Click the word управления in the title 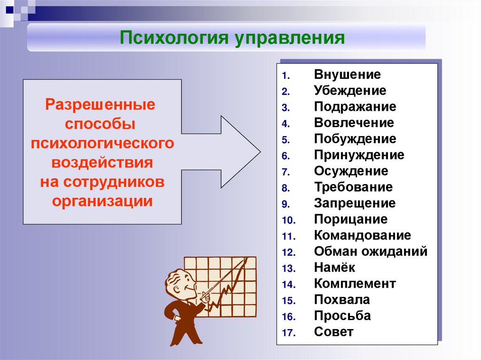click(290, 38)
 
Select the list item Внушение click(347, 75)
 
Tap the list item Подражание click(355, 107)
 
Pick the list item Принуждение click(359, 155)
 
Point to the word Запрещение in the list click(355, 203)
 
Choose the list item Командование click(362, 235)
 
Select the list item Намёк click(334, 267)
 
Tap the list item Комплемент click(355, 283)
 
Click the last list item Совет click(334, 332)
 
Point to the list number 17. click(289, 333)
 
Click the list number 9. click(286, 204)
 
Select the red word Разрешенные click(101, 105)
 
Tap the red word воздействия click(102, 162)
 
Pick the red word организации click(102, 202)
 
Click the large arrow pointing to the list click(221, 152)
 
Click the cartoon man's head click(180, 283)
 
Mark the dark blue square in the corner click(10, 10)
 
